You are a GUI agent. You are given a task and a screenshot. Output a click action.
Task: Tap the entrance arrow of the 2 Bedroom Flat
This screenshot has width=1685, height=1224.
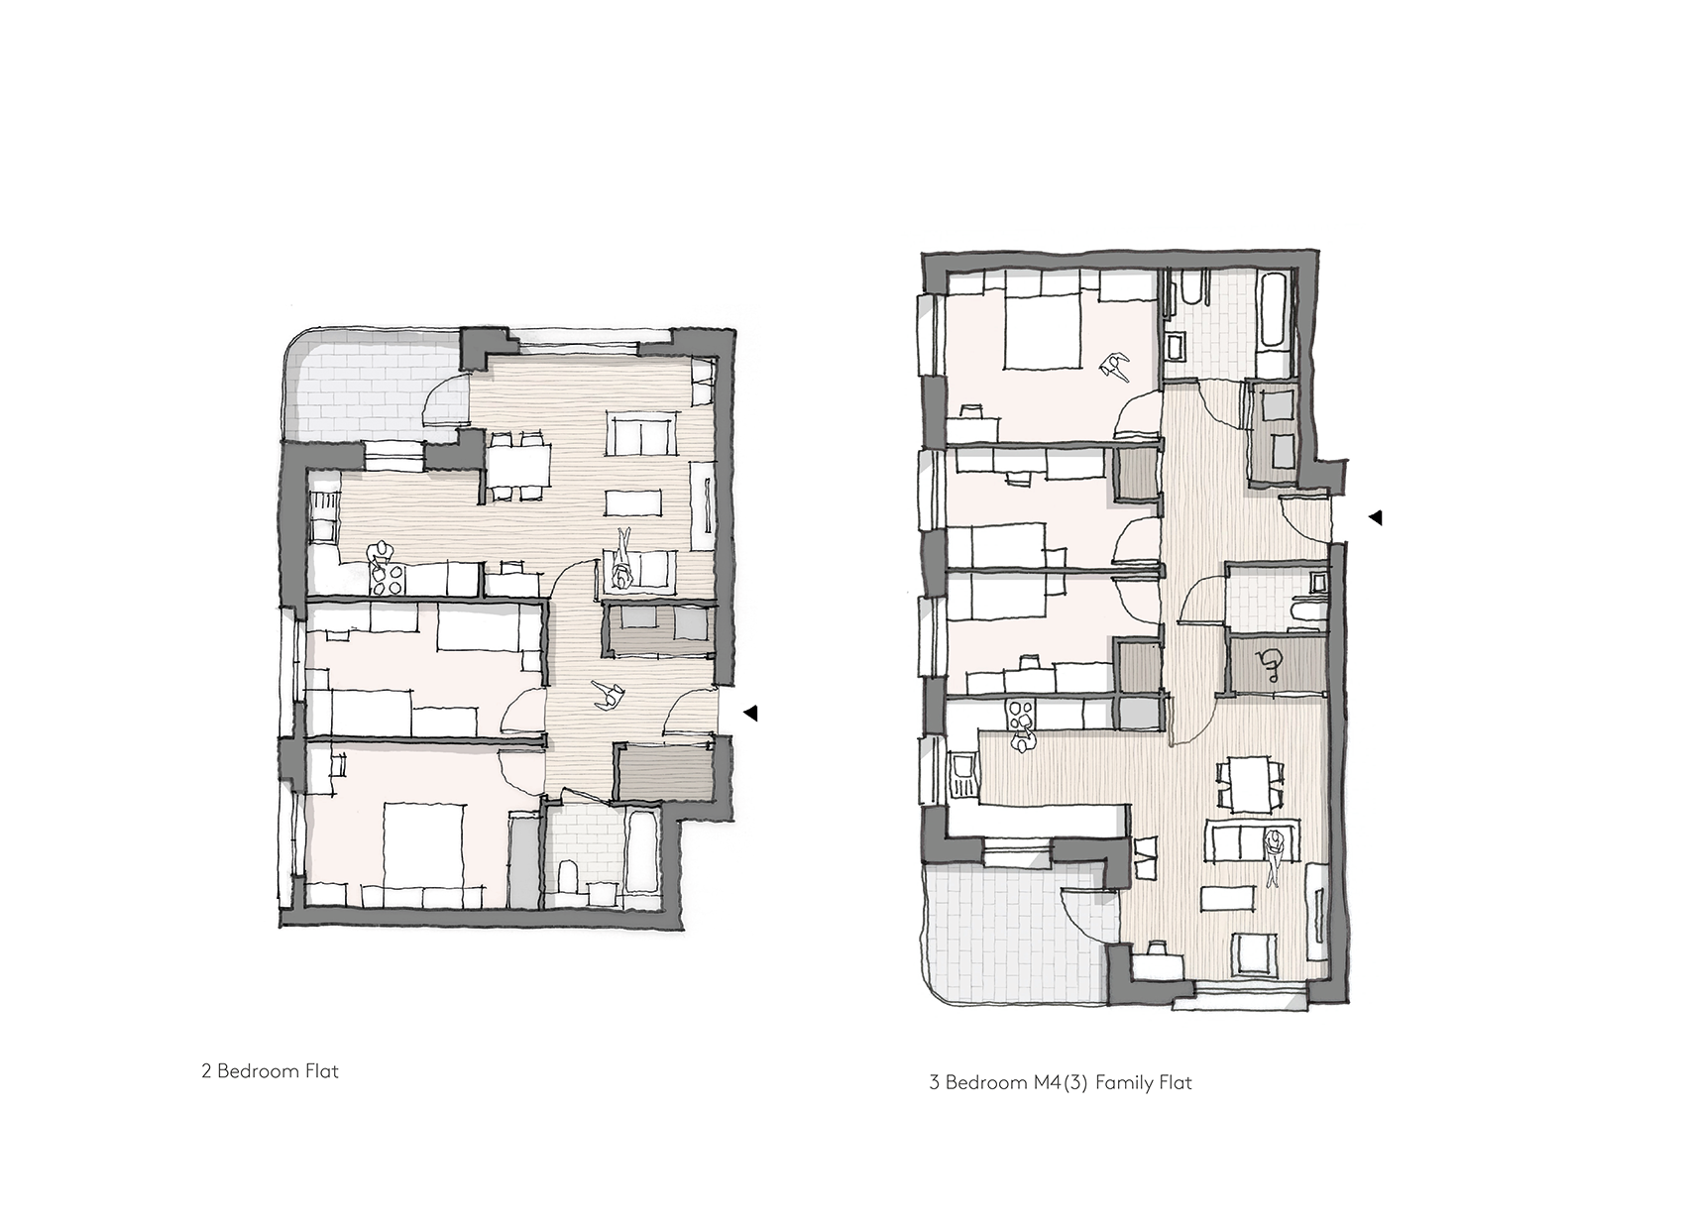click(750, 713)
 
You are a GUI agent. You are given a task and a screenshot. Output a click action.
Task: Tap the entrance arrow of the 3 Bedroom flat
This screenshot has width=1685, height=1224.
click(1375, 517)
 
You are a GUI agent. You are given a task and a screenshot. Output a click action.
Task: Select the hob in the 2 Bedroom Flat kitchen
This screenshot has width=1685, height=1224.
click(389, 579)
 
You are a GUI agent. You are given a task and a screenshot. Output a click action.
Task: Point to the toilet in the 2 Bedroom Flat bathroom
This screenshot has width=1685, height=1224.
click(570, 880)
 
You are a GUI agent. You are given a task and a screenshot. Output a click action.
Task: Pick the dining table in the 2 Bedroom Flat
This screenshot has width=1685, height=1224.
click(517, 466)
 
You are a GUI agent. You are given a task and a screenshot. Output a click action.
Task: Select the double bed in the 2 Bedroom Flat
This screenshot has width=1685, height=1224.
click(423, 854)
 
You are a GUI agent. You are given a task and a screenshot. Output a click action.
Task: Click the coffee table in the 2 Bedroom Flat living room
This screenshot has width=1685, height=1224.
click(635, 501)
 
